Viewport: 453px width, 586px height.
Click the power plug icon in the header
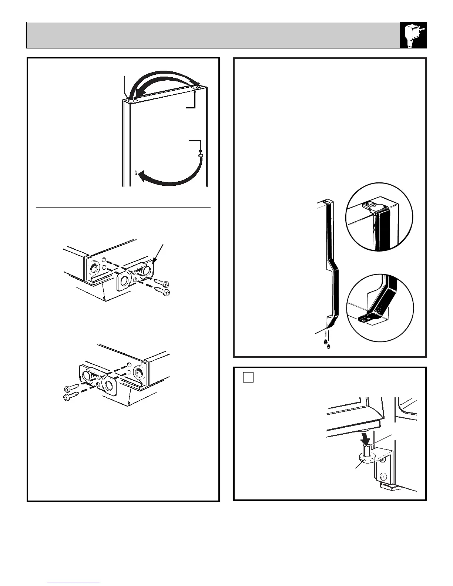tap(413, 35)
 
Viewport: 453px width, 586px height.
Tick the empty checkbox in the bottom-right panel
tap(248, 377)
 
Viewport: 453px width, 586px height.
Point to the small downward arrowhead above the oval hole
tap(201, 151)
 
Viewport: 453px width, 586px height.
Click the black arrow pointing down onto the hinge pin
tap(366, 439)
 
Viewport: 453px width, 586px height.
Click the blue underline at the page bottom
tap(74, 583)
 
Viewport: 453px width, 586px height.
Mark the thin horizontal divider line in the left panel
tap(123, 208)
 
